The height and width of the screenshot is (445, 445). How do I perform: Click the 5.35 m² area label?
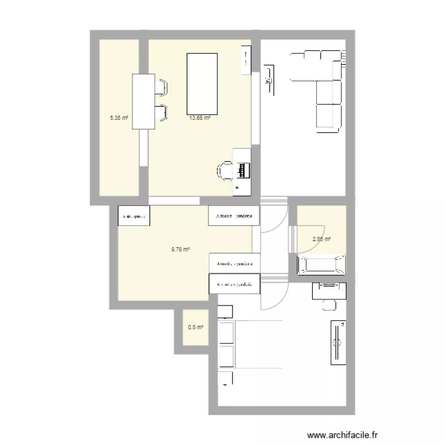119,117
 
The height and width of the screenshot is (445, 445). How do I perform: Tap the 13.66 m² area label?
200,117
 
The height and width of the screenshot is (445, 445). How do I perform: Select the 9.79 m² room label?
180,250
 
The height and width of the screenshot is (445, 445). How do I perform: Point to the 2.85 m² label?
321,239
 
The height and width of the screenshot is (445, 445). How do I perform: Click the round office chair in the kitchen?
224,170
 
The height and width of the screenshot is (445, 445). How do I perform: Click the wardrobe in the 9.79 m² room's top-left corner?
133,216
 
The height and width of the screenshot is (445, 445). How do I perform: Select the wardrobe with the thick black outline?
234,284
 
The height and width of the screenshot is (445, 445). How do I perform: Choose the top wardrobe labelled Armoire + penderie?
234,216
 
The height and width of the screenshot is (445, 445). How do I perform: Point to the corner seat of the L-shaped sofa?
331,61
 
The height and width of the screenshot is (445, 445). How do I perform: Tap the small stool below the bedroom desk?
328,306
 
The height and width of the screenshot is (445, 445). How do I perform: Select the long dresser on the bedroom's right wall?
338,342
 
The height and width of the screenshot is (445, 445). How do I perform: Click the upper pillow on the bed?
225,334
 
